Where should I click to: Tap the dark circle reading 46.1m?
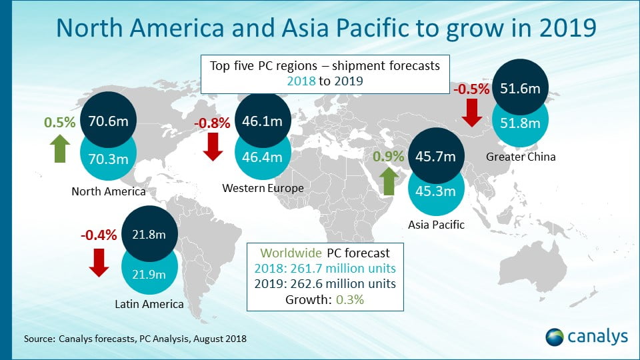coord(263,122)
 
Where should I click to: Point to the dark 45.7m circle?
coord(435,157)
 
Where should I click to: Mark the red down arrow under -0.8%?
coord(213,147)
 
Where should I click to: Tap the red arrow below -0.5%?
coord(471,113)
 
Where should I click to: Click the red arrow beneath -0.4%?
coord(99,262)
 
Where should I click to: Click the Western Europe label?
coord(263,189)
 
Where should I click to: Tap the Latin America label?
coord(150,305)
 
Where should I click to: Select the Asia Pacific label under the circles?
coord(435,225)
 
